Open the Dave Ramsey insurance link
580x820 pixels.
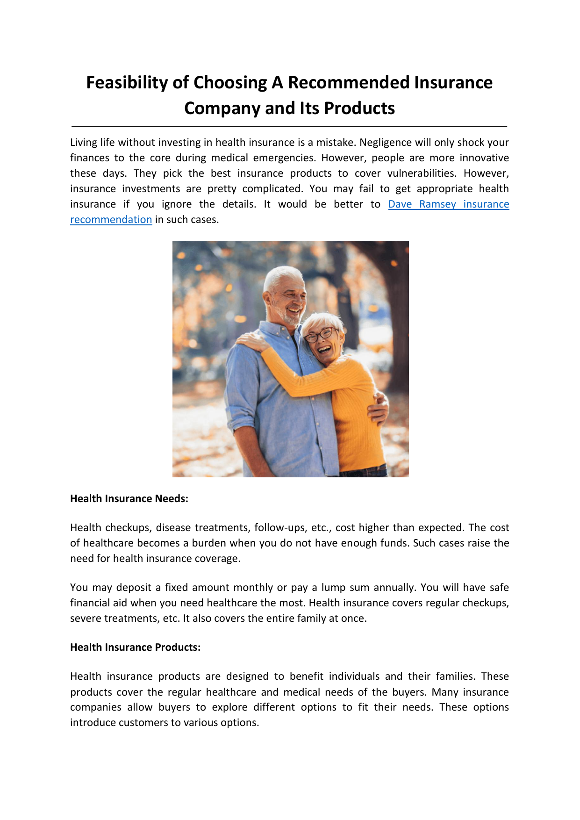[x=448, y=204]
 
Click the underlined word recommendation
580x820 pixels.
[x=111, y=220]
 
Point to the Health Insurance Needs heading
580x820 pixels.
[x=129, y=499]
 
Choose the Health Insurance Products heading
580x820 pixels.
[x=135, y=647]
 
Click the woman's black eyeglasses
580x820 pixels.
[x=319, y=335]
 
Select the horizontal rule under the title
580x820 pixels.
[x=289, y=126]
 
